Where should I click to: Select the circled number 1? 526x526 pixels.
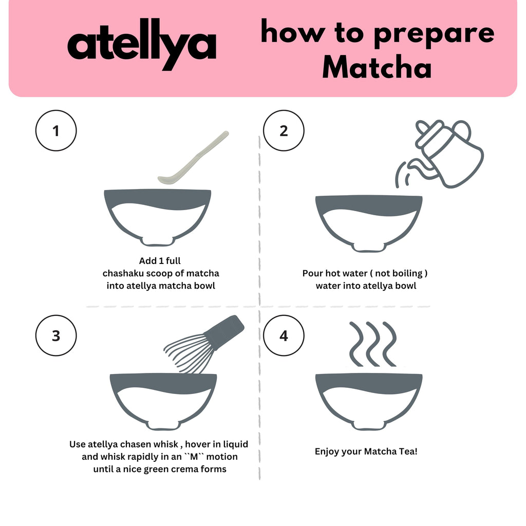(56, 131)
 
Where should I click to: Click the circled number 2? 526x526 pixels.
(284, 131)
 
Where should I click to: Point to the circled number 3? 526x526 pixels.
(56, 336)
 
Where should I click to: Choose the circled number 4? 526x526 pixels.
(284, 336)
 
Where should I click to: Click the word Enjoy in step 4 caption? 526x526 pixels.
(327, 452)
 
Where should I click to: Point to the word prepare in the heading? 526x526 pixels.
(433, 33)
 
